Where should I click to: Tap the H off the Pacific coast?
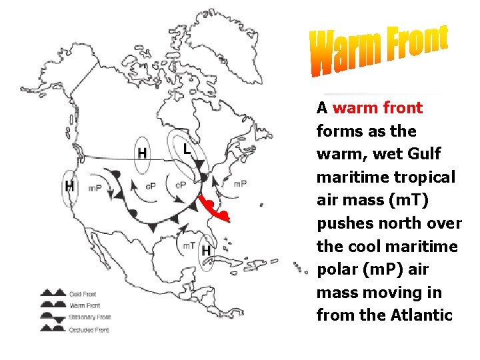69,186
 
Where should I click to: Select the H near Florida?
207,251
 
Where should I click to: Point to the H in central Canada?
142,153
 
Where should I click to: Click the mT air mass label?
189,246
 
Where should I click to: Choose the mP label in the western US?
95,188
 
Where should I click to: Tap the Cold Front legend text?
83,293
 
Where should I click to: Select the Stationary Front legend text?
89,317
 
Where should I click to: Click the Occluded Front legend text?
88,329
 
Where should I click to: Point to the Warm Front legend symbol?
53,305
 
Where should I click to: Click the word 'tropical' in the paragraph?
427,177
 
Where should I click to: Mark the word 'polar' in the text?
339,269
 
